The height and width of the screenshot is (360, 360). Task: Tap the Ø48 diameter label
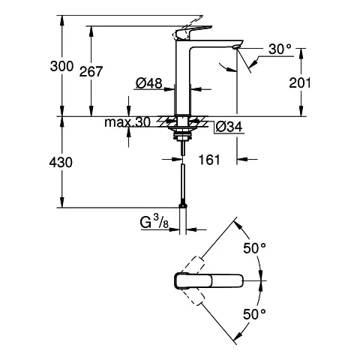(x=148, y=85)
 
